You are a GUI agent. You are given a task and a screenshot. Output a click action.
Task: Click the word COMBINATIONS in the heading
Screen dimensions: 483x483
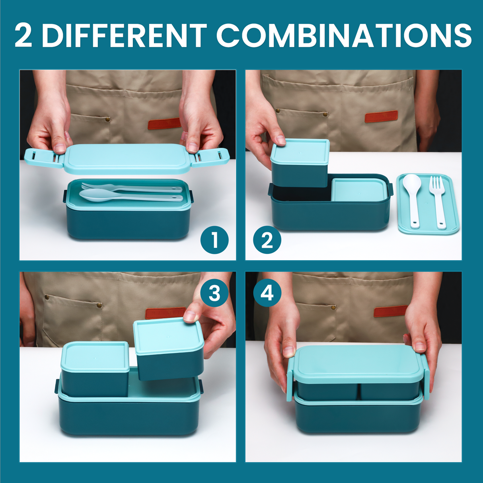coord(344,35)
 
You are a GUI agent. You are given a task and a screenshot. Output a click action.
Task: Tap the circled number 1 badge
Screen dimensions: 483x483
coord(214,240)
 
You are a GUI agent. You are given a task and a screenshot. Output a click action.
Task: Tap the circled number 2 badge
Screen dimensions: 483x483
coord(267,240)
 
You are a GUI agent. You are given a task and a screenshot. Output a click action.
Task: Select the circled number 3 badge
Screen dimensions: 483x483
coord(214,294)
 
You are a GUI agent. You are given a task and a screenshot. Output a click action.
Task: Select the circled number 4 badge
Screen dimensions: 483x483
coord(267,294)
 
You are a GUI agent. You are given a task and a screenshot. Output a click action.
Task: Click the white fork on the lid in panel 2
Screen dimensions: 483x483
coord(438,201)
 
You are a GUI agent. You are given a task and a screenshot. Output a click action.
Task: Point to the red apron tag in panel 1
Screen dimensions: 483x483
coord(164,123)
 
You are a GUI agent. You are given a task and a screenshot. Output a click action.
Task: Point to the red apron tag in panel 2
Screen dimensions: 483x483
coord(381,116)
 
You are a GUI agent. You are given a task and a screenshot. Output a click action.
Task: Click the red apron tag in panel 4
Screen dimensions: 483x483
coord(390,311)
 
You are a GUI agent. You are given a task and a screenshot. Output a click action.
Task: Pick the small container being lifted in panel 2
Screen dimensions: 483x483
coord(300,163)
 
